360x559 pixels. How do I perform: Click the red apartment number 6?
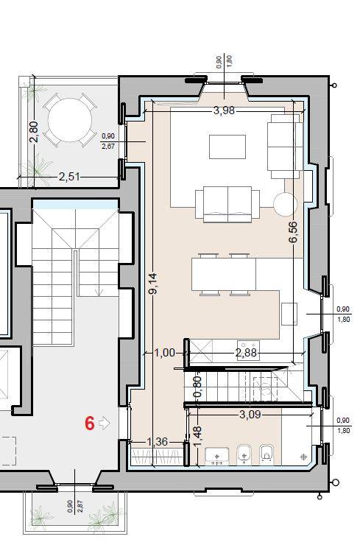pos(90,423)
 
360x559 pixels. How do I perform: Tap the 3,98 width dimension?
pos(225,110)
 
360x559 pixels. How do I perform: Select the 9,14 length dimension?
pos(153,284)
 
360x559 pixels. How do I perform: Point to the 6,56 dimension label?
pos(293,232)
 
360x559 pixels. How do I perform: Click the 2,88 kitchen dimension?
pos(246,353)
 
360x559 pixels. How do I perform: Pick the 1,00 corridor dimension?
pos(165,353)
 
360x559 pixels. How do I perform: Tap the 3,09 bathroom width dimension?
pos(250,414)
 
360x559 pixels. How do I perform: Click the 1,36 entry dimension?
pos(158,442)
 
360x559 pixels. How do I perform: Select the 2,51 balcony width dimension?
pos(69,177)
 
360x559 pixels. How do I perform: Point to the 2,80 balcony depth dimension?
pos(34,132)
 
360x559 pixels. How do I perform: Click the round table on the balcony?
pos(70,120)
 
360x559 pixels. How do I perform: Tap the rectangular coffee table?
pos(227,147)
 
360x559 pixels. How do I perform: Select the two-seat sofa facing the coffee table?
pos(227,204)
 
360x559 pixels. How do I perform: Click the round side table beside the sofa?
pos(285,204)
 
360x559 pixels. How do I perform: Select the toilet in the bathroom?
pos(267,454)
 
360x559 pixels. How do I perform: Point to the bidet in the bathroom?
pos(244,454)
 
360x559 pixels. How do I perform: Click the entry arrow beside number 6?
pos(104,423)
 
